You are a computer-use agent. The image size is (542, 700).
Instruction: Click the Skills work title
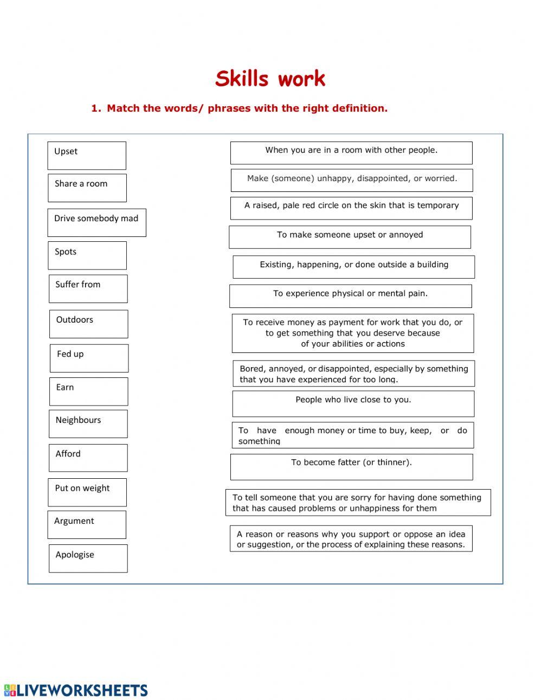[270, 79]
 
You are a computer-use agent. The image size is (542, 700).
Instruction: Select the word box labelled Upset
[87, 156]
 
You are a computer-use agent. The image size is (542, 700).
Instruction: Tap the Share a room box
[87, 188]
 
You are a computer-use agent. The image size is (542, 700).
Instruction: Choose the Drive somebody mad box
[96, 222]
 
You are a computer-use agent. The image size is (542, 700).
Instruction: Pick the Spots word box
[87, 255]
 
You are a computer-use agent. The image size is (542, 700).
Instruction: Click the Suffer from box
[88, 288]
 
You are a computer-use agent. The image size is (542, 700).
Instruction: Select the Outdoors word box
[89, 324]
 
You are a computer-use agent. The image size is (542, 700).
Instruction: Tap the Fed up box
[89, 358]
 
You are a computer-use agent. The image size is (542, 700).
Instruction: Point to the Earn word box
[89, 391]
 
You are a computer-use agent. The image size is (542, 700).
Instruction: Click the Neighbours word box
[88, 423]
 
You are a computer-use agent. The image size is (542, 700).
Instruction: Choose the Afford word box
[88, 458]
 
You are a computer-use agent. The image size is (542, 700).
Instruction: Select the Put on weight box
[87, 492]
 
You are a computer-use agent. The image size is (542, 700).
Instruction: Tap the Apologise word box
[88, 558]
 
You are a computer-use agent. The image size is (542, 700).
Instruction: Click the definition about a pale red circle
[351, 208]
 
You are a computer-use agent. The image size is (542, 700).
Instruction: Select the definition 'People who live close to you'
[353, 404]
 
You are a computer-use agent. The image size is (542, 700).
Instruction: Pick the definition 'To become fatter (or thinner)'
[351, 467]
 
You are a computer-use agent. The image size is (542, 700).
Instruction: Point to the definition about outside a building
[354, 267]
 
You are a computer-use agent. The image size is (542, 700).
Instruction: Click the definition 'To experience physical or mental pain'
[351, 296]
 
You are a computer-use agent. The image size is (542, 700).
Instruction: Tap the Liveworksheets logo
[76, 690]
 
